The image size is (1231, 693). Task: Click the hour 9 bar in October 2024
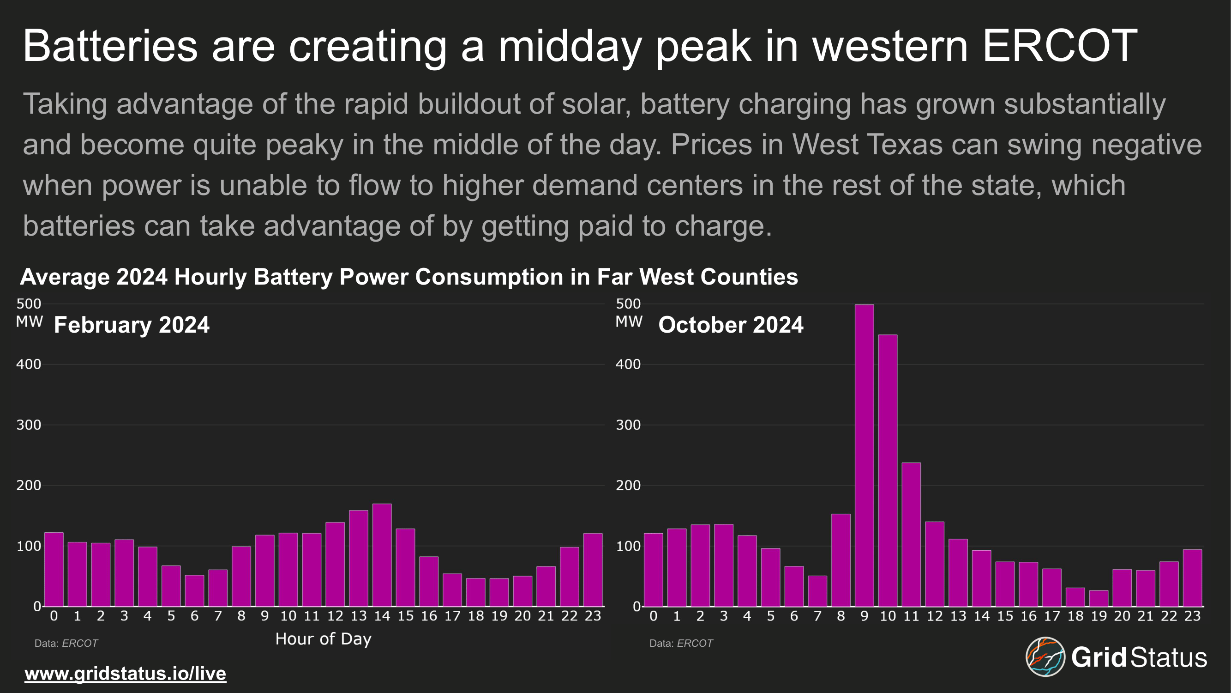(x=864, y=456)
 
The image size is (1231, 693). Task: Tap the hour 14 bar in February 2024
(x=382, y=555)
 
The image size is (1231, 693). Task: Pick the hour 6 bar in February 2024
(x=194, y=590)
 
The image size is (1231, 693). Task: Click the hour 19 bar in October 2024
(x=1099, y=598)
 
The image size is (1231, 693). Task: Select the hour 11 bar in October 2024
(x=911, y=534)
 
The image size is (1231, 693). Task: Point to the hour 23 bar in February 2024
(x=593, y=570)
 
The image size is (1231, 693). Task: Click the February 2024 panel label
(x=132, y=325)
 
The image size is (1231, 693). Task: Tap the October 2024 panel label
(x=731, y=325)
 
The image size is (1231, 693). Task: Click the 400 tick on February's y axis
(x=29, y=365)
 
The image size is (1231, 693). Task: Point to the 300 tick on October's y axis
(x=628, y=425)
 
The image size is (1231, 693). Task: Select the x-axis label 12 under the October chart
(x=934, y=616)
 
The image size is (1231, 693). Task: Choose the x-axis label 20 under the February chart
(x=522, y=616)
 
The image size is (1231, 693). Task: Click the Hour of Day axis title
(x=323, y=639)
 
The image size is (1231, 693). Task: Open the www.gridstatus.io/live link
(x=125, y=674)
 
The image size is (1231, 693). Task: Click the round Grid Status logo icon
(x=1045, y=657)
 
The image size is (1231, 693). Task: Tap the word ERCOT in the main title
(x=1059, y=46)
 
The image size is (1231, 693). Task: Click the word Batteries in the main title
(x=110, y=46)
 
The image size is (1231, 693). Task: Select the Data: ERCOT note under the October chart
(x=681, y=643)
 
